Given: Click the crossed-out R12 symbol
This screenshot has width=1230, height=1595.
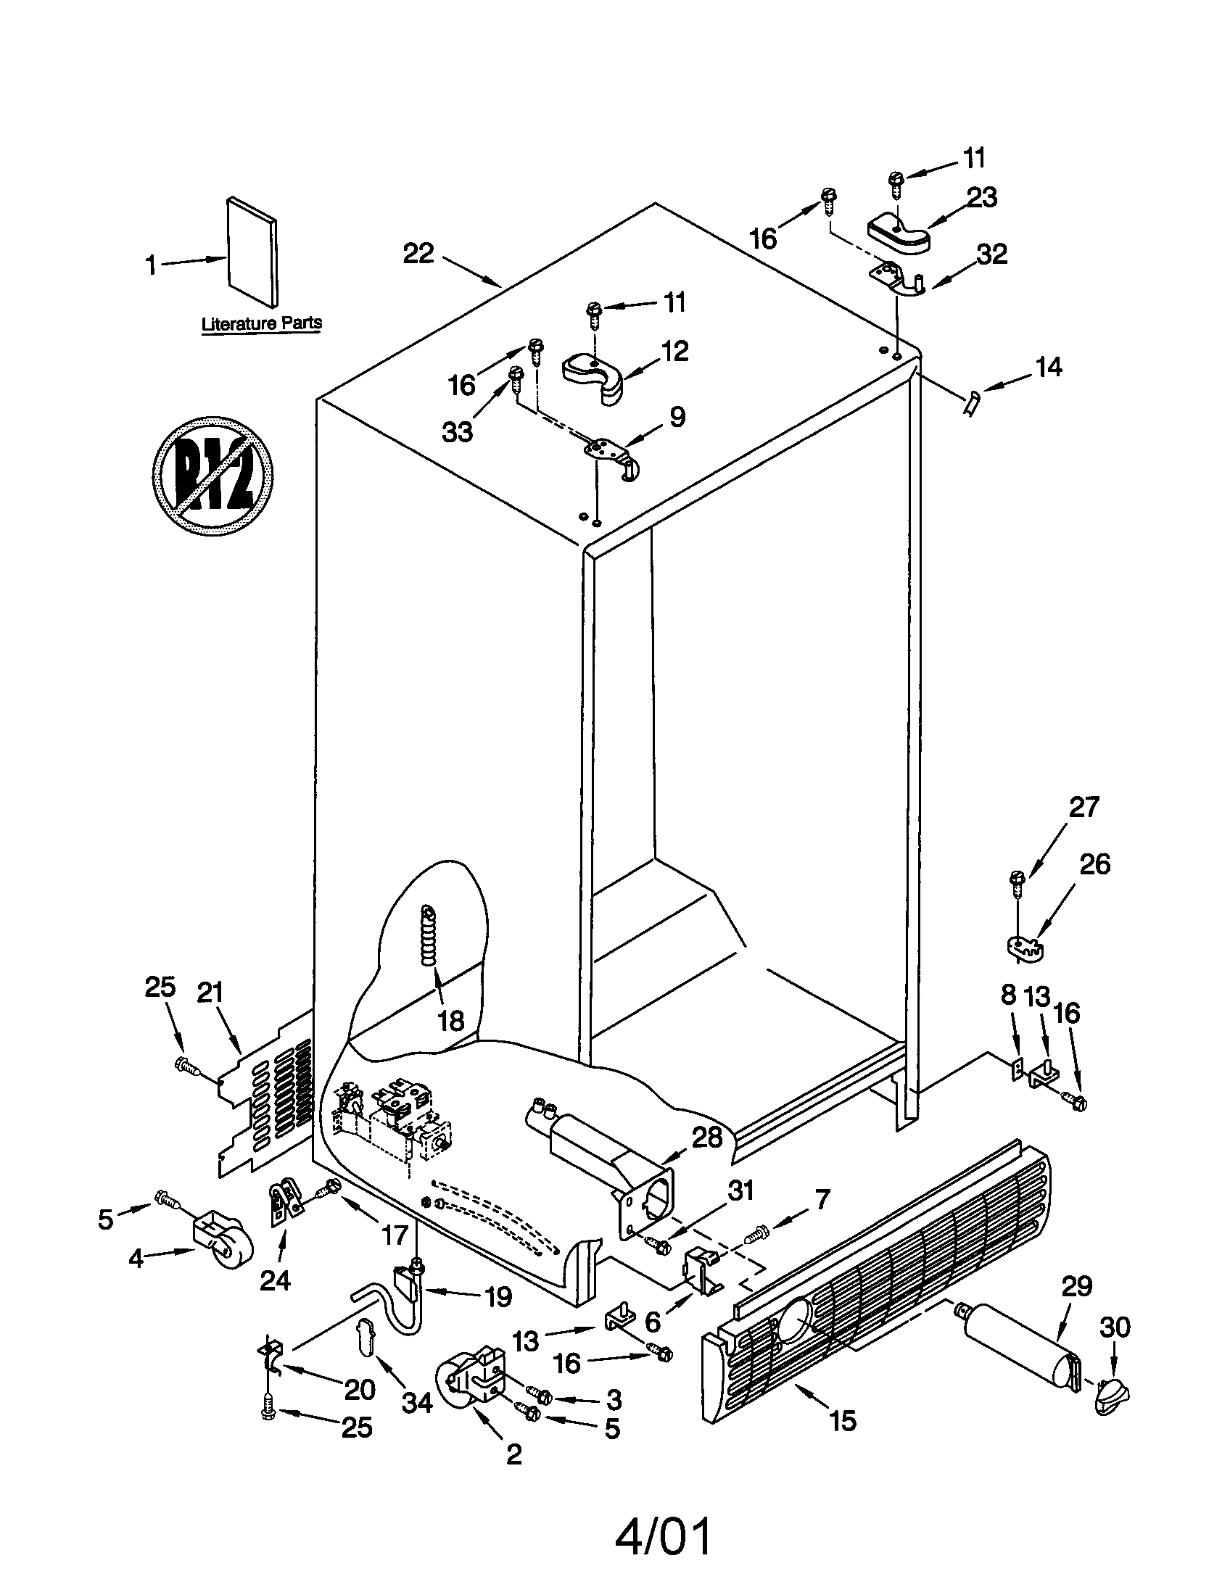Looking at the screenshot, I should [x=212, y=476].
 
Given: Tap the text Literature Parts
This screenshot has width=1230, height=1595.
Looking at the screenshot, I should [x=262, y=323].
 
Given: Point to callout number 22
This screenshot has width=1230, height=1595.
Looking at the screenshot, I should [x=418, y=254].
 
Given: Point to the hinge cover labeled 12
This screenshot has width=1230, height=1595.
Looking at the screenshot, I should [x=595, y=373].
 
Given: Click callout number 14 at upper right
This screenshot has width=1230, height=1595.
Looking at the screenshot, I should [x=1049, y=368].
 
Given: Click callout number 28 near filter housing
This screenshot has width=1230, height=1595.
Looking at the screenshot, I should [x=706, y=1138].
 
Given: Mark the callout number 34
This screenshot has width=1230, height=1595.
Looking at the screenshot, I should [x=417, y=1401].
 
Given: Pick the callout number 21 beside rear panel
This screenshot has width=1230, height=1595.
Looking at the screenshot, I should [x=210, y=994].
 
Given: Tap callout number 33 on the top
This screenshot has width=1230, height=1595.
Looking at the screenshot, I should [x=457, y=431].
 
